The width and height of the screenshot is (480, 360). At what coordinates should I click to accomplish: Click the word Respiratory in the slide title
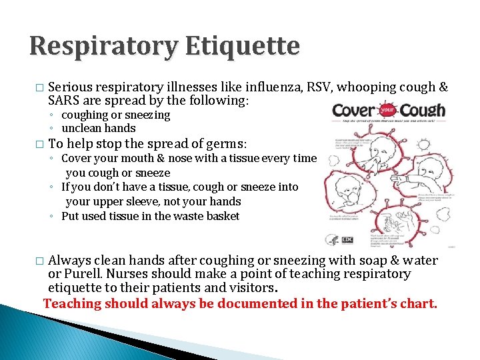(x=103, y=47)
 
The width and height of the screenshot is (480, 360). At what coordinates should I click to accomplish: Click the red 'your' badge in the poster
(x=387, y=110)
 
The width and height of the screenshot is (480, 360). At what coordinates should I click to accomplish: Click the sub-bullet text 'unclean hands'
(x=98, y=128)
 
